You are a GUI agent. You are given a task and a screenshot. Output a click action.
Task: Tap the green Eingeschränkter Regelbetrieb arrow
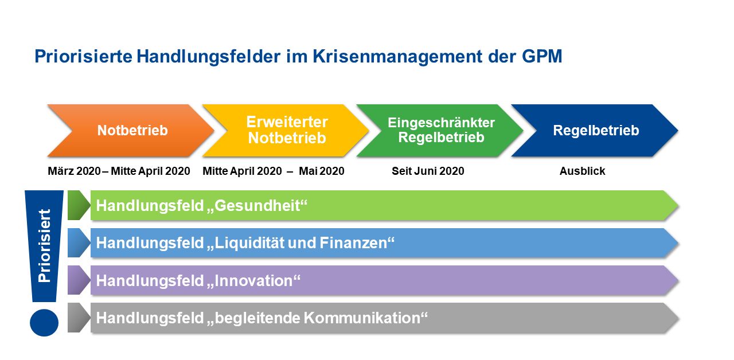441,130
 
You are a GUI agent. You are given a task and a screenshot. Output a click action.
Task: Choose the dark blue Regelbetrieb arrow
595,130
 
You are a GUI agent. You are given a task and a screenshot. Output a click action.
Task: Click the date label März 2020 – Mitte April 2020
119,171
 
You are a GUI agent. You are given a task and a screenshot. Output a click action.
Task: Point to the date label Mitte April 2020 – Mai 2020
274,171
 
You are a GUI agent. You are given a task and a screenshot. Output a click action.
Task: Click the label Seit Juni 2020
428,171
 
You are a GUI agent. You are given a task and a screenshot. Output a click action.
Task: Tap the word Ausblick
582,171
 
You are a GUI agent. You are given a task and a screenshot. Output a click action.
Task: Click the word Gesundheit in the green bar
257,206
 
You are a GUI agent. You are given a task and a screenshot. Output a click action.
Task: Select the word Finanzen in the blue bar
353,243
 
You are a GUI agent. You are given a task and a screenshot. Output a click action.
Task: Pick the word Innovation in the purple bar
253,281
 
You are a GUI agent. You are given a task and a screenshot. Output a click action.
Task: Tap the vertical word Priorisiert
45,246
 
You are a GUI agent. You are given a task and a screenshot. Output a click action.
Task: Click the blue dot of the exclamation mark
44,323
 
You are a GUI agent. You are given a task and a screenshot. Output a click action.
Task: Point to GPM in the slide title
542,56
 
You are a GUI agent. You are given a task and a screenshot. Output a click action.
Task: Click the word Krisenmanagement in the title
397,57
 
